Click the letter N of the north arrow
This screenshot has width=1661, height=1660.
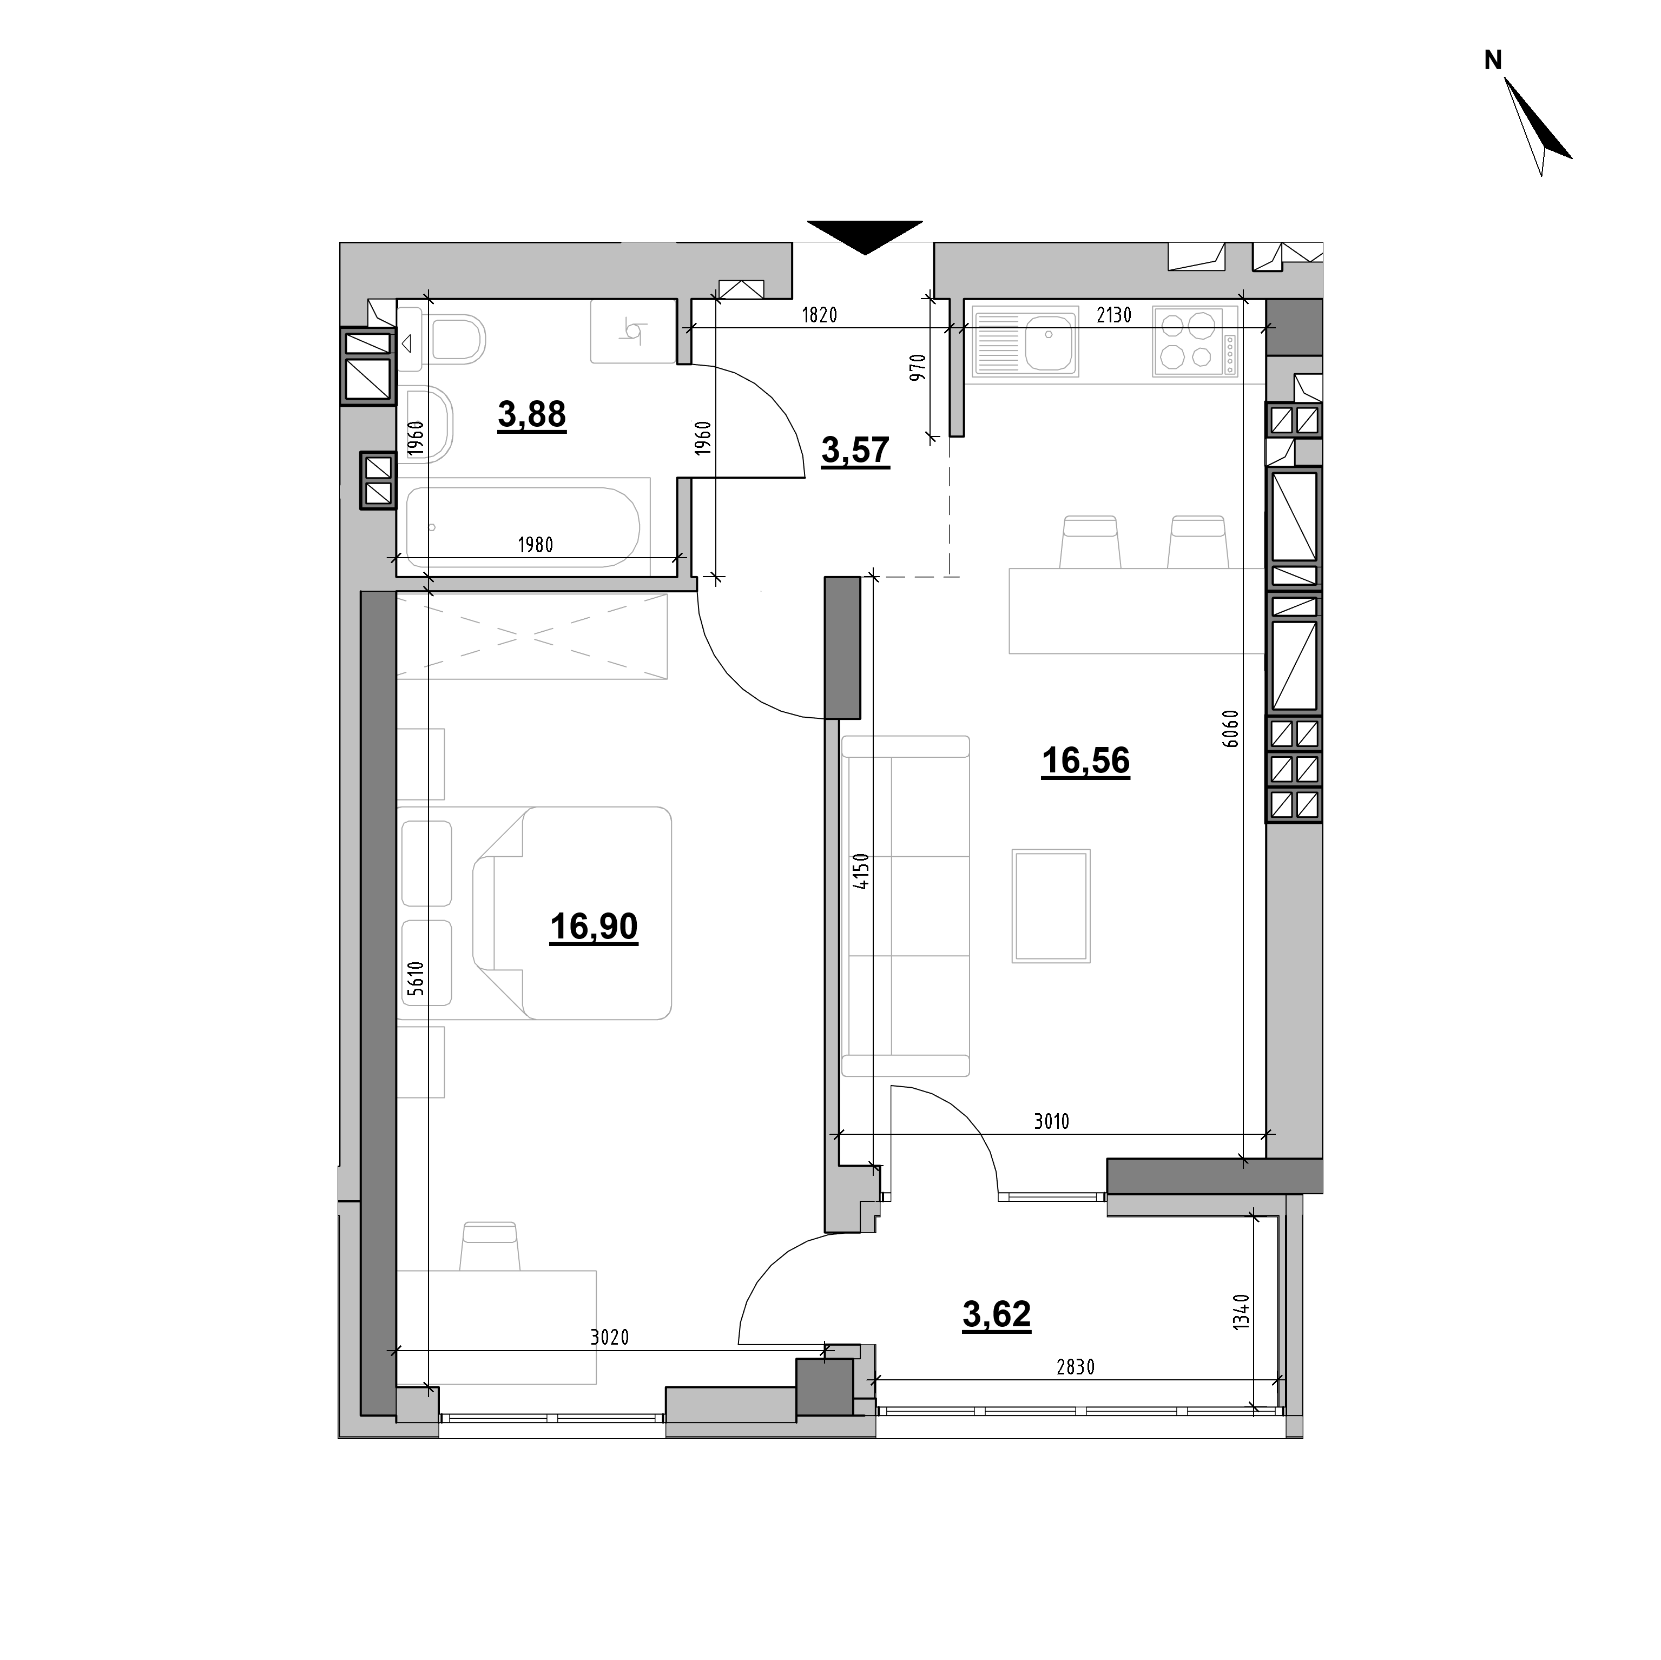1493,60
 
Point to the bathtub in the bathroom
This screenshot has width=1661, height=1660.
523,527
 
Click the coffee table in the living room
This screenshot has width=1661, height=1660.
1051,906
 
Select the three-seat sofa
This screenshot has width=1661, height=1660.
905,906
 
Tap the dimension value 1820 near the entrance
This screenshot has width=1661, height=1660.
819,315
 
